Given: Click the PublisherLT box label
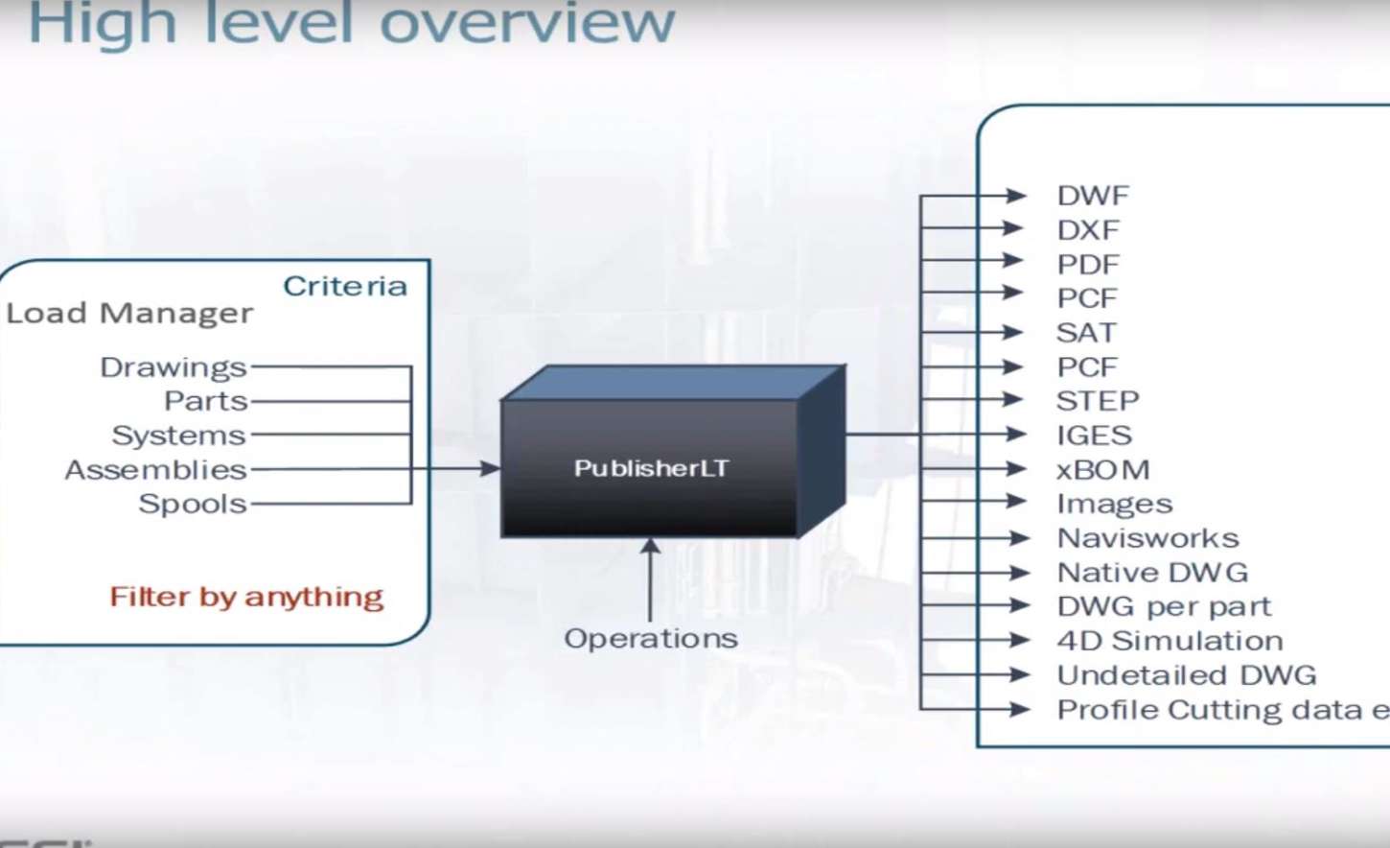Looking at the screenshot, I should point(651,468).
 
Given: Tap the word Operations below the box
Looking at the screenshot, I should point(651,638).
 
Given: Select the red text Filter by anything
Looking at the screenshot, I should point(246,597).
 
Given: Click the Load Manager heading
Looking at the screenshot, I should point(129,313).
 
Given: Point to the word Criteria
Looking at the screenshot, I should point(345,286).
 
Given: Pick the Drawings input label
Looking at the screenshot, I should point(174,367).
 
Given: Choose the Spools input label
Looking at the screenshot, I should point(193,504).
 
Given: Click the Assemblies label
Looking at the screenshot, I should point(155,470).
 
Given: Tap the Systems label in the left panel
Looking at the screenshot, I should point(179,436).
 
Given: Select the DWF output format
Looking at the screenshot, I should point(1093,196).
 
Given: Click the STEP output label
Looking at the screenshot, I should point(1098,401).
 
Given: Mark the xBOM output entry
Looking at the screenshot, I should point(1102,470).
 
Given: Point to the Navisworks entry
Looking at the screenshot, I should point(1147,538).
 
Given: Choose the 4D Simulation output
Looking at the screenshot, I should point(1170,641).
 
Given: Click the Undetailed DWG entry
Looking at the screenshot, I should point(1187,675).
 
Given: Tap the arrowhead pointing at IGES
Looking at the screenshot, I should point(1016,435).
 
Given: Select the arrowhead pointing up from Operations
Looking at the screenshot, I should point(650,547).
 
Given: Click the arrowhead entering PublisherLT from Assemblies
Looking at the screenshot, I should point(490,468).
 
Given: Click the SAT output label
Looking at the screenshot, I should point(1086,333).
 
